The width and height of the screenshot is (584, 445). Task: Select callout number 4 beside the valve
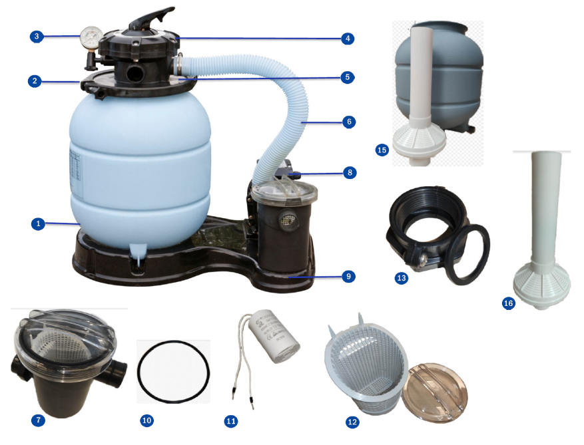click(x=346, y=38)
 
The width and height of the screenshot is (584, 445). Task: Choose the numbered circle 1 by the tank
click(x=38, y=224)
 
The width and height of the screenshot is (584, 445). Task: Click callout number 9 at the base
click(x=346, y=275)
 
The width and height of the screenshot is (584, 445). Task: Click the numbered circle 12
click(x=352, y=422)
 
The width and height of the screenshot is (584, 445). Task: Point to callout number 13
click(x=401, y=278)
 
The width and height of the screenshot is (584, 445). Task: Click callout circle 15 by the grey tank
click(x=382, y=150)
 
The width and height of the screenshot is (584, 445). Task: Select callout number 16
click(x=509, y=303)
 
